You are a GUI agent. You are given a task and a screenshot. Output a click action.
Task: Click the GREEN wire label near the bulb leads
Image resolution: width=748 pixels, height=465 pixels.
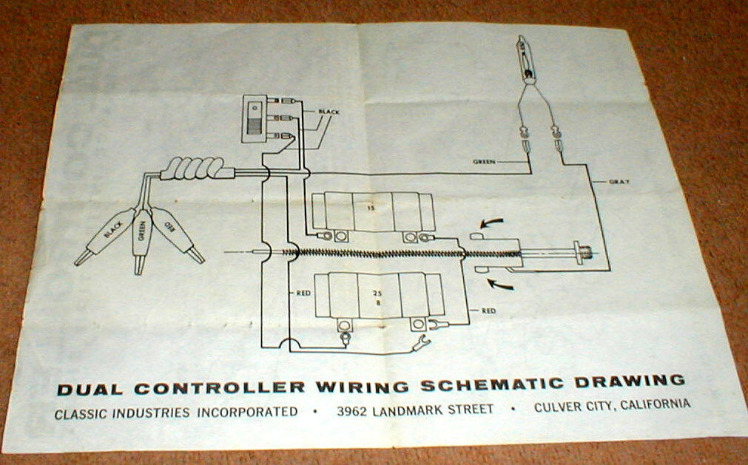click(x=485, y=160)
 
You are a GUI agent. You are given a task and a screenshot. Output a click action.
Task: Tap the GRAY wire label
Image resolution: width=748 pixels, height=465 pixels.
click(x=619, y=181)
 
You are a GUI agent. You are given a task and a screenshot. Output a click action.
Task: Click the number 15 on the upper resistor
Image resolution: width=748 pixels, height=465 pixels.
click(x=370, y=208)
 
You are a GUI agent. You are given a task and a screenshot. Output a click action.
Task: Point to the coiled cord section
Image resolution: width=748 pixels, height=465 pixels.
click(x=192, y=172)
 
